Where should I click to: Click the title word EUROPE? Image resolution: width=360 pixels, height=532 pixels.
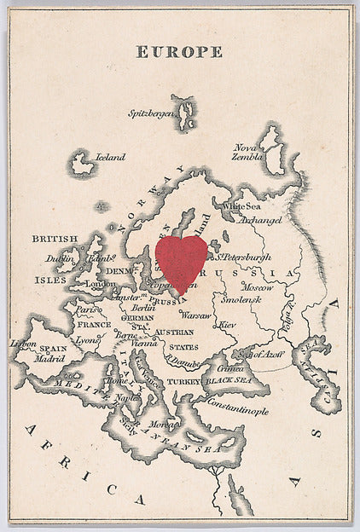click(179, 52)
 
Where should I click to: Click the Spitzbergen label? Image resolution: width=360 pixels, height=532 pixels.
click(152, 113)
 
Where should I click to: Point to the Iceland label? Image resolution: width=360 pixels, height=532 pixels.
click(110, 157)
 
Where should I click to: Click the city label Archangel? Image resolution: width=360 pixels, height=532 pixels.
click(259, 219)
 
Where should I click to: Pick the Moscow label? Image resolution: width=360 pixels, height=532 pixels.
click(257, 287)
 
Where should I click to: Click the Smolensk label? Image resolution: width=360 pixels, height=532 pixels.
click(241, 300)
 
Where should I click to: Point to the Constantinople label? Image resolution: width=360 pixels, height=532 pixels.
click(236, 410)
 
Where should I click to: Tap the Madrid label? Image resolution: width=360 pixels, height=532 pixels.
click(49, 359)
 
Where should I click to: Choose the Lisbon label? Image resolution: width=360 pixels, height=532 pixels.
click(23, 344)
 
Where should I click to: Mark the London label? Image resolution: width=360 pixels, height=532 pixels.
click(101, 284)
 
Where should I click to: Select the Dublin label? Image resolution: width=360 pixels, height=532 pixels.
click(61, 257)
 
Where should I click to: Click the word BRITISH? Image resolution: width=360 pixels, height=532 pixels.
click(55, 239)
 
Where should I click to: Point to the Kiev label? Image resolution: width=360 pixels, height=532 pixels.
click(228, 325)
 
